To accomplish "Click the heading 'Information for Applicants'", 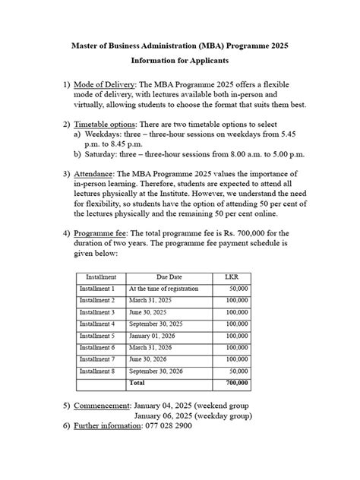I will click(x=180, y=59).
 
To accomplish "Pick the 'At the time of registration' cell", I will click(x=163, y=289).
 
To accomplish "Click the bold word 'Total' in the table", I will click(x=137, y=384).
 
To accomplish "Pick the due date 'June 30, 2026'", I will click(x=150, y=359).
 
